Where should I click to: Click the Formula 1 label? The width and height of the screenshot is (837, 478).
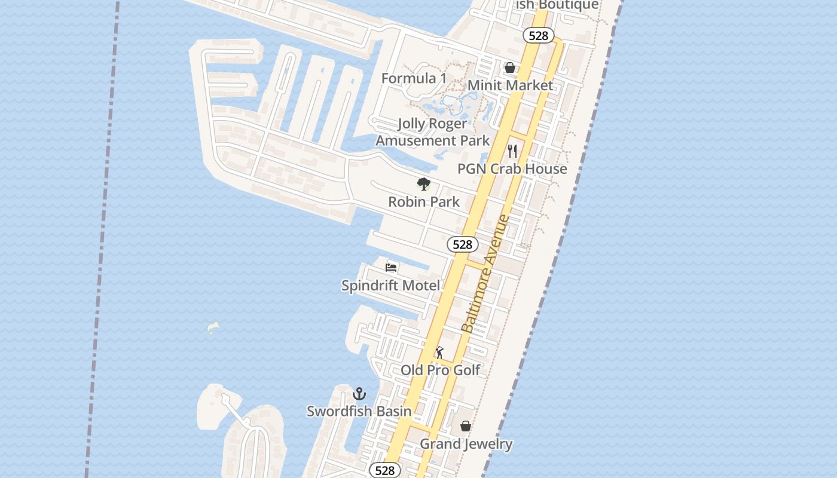coord(414,78)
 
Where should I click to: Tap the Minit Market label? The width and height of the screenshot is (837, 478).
coord(510,85)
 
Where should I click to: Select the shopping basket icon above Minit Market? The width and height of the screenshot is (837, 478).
coord(510,68)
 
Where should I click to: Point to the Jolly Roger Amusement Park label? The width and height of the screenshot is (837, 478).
coord(432,132)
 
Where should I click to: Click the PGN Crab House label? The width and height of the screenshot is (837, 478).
coord(512,169)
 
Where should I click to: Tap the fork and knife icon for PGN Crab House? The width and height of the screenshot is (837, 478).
coord(512,151)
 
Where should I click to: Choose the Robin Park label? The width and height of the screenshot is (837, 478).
coord(424,202)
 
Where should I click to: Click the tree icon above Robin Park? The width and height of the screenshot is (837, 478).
coord(424,184)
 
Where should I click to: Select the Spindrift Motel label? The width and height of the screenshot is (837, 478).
coord(390,286)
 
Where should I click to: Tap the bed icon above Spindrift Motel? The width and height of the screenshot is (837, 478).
coord(391,268)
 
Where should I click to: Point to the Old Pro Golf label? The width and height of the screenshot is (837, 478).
coord(440,370)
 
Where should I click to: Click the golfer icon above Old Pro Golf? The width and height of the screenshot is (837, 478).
coord(439,353)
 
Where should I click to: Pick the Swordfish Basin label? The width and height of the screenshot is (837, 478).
coord(359,411)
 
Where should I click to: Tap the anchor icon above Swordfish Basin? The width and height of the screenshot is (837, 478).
coord(359,394)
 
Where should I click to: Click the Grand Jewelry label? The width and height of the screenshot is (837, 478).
coord(466,444)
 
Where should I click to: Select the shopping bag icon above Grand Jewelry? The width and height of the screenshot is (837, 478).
coord(466,426)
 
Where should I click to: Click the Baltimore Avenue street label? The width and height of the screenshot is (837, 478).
coord(486,274)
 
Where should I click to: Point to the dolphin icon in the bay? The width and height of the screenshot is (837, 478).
coord(213,327)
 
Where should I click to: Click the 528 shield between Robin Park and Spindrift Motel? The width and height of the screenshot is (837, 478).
coord(463,244)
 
